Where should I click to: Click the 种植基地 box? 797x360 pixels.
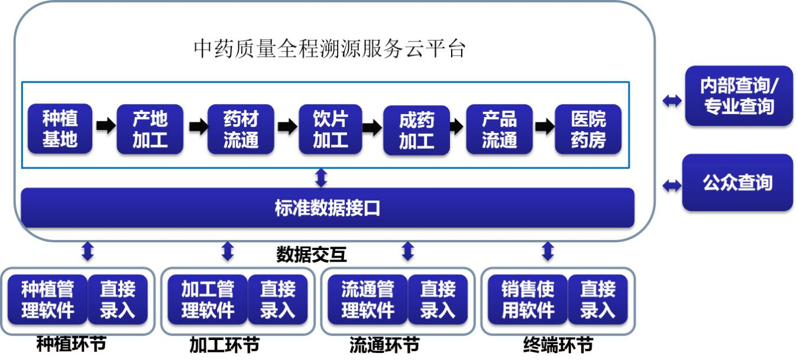click(x=60, y=129)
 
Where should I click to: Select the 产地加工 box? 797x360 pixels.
click(x=150, y=129)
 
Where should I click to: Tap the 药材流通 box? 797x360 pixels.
click(x=241, y=129)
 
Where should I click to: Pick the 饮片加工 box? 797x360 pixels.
click(x=330, y=129)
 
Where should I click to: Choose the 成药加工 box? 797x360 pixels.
click(x=416, y=130)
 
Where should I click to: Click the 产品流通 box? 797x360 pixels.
click(x=499, y=129)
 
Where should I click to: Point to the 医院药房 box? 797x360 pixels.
click(x=588, y=129)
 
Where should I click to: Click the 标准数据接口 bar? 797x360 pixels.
click(x=327, y=208)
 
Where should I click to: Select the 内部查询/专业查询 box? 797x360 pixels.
click(x=738, y=96)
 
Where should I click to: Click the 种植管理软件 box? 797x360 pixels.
click(x=48, y=300)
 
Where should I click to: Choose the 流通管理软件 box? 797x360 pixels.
click(x=367, y=300)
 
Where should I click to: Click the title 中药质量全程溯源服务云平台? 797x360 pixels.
click(x=330, y=49)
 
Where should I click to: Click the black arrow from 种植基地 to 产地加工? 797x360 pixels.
click(x=105, y=126)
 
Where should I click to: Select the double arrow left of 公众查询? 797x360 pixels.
click(x=672, y=186)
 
